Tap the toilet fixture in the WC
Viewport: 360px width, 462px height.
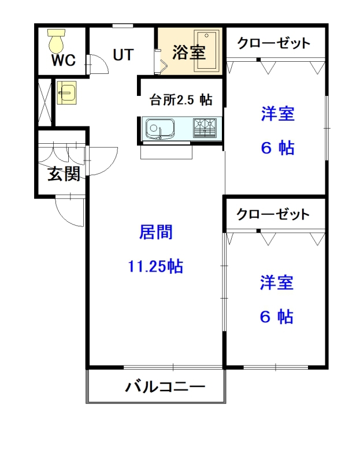(57, 41)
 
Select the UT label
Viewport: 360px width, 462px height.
(123, 55)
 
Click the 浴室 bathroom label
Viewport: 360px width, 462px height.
(189, 53)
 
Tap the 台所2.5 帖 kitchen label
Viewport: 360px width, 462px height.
(180, 100)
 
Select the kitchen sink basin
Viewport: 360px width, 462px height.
(159, 128)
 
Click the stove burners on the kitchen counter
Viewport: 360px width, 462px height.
(205, 127)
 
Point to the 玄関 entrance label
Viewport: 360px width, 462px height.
(64, 173)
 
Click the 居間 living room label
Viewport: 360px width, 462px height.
(156, 232)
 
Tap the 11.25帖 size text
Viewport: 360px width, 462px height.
(155, 266)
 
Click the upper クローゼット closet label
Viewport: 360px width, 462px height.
(274, 43)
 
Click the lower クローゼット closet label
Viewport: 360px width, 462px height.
(273, 214)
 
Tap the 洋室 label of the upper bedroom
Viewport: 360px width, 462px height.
(277, 114)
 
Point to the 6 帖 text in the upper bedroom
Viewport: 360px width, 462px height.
(277, 148)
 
